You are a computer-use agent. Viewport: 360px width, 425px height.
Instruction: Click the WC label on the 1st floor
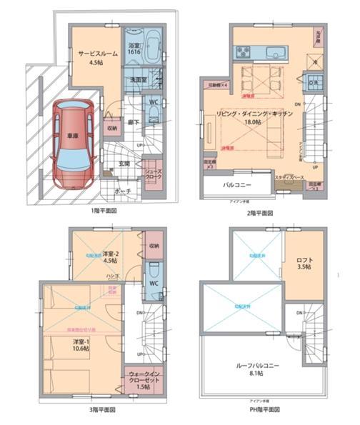coord(152,102)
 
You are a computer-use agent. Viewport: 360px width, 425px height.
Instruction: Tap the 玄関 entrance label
coord(124,164)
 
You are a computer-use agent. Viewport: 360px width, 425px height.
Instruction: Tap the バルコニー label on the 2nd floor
coord(236,184)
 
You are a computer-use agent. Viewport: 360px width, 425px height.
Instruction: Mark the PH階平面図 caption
coord(264,410)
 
